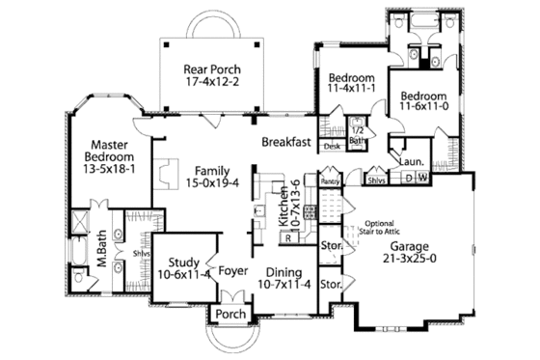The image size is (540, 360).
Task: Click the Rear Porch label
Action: tap(212, 70)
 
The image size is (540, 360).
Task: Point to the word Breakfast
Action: tap(285, 142)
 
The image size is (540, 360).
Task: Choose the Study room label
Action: tap(183, 262)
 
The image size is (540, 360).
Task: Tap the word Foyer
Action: tap(232, 271)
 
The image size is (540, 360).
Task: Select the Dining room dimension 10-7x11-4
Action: tap(284, 284)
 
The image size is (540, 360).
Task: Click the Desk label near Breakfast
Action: tap(332, 147)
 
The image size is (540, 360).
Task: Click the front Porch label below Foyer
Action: tap(229, 315)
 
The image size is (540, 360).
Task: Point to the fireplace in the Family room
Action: tap(167, 172)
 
